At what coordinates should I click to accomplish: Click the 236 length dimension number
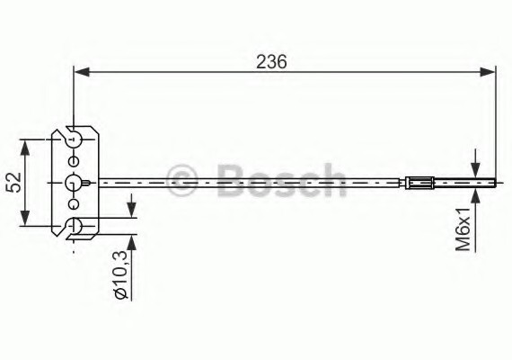pos(270,61)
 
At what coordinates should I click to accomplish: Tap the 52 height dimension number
pos(13,183)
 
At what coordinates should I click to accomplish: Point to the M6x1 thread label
pos(463,229)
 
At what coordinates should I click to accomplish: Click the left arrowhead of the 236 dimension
pos(80,71)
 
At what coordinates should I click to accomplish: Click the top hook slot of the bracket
pos(75,139)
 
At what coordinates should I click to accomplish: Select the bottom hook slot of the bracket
pos(75,226)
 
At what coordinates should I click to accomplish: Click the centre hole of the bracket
pos(74,183)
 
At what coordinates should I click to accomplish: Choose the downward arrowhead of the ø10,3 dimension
pos(133,210)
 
